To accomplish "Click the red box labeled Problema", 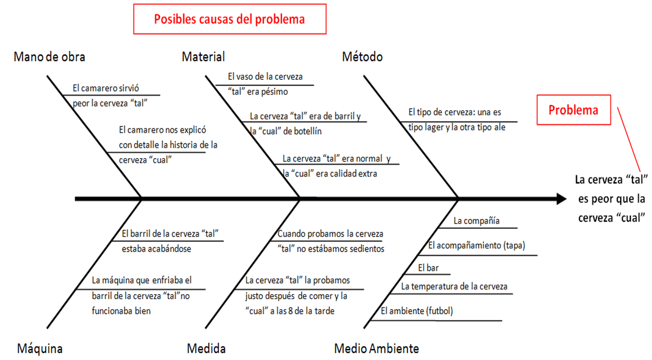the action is [x=574, y=110].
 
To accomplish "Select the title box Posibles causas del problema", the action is [x=229, y=19].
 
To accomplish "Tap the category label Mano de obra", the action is [x=49, y=57].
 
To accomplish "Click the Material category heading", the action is [x=203, y=57].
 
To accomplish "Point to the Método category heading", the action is [x=363, y=57].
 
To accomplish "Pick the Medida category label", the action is [x=207, y=349].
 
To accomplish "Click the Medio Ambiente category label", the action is [x=376, y=349].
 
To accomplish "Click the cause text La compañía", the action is [x=476, y=221].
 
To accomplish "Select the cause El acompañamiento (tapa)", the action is [x=477, y=246].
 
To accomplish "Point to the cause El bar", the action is [x=427, y=268].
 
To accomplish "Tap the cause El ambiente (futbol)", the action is [x=417, y=311].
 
